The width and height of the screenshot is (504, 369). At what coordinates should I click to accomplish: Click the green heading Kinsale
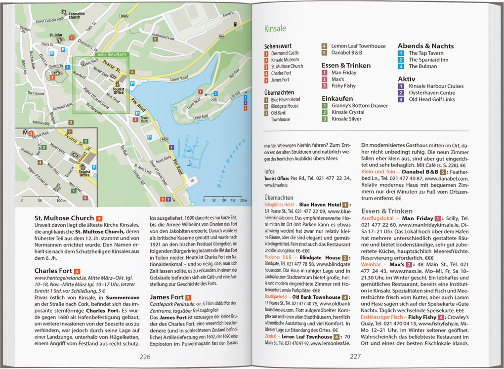click(275, 29)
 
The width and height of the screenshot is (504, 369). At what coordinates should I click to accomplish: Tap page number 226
click(145, 357)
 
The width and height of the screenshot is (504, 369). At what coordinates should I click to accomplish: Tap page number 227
click(355, 357)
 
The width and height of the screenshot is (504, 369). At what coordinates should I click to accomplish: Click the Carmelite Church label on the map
click(74, 14)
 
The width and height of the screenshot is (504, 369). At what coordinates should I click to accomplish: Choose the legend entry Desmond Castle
click(285, 53)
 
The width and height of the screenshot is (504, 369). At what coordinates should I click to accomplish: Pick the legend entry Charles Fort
click(281, 73)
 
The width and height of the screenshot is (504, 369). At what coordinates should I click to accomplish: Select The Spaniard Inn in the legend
click(428, 60)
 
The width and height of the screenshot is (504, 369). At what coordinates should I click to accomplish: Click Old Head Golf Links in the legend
click(431, 99)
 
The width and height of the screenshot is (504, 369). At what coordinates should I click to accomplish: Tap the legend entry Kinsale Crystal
click(348, 112)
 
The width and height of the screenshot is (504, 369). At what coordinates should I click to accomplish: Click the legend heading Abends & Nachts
click(425, 46)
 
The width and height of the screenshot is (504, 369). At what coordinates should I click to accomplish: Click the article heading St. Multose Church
click(64, 218)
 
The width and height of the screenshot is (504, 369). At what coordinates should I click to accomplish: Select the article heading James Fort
click(167, 297)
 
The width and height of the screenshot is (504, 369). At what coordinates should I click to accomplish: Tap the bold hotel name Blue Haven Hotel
click(320, 204)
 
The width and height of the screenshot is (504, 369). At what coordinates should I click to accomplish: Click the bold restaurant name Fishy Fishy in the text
click(422, 317)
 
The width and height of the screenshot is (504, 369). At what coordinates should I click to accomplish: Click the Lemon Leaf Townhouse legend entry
click(358, 46)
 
